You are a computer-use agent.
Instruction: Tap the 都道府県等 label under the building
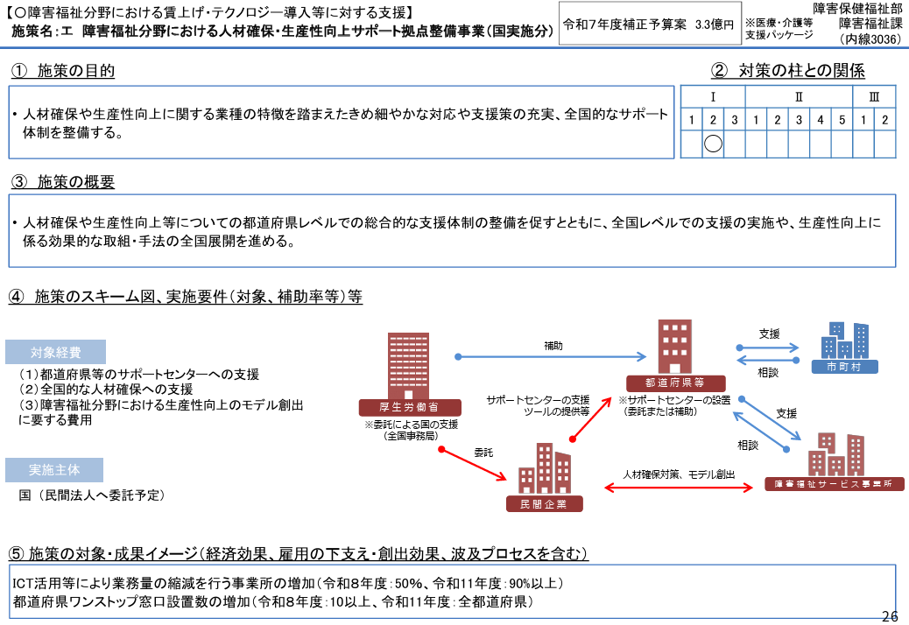676,383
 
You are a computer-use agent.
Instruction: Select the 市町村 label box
844,367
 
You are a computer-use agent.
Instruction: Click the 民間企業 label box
545,504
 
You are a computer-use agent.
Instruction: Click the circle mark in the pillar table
713,144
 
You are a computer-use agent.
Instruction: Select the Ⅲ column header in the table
874,96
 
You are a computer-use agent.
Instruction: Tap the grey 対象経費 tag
55,353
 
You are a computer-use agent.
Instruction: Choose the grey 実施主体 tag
54,470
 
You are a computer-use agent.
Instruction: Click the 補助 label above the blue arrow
553,347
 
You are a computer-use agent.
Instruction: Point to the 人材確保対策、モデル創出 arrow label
679,474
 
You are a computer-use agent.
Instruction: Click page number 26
890,615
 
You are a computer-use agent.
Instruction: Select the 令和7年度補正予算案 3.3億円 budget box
649,25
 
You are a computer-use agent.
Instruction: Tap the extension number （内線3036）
870,39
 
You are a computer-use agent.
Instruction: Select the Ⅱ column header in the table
799,96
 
